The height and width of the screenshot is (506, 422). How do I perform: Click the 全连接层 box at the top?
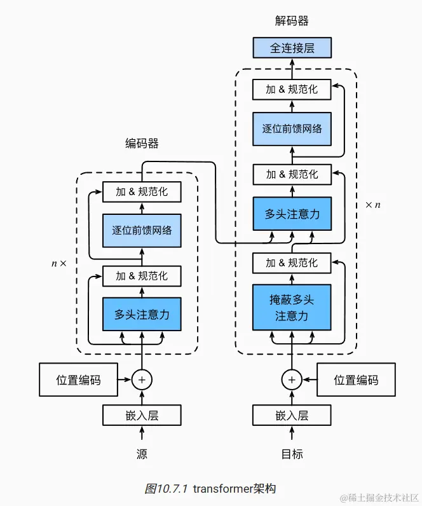coord(292,48)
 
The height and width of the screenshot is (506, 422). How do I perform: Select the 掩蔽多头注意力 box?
coord(292,307)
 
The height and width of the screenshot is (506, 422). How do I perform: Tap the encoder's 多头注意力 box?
coord(142,314)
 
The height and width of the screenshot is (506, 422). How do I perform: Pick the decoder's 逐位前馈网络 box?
coord(292,129)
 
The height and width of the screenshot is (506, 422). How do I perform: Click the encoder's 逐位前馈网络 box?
coord(142,230)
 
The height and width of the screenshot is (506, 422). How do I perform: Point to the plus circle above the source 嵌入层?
coord(142,380)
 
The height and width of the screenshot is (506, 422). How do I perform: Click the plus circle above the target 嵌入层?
coord(292,380)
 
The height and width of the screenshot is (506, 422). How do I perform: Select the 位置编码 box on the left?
coord(78,379)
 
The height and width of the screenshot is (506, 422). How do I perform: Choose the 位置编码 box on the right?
coord(356,379)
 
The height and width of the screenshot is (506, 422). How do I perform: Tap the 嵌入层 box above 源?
coord(142,415)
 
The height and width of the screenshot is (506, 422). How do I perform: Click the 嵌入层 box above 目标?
coord(292,415)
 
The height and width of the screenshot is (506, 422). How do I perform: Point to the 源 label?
coord(142,454)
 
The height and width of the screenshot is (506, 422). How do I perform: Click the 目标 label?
coord(292,454)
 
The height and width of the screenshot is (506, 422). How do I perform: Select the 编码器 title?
coord(142,143)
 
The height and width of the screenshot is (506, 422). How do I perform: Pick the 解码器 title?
coord(292,20)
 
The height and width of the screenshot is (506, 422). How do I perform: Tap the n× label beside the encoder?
coord(58,264)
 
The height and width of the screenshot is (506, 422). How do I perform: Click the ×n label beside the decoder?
coord(373,205)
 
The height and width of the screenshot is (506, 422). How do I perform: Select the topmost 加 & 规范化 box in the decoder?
coord(292,90)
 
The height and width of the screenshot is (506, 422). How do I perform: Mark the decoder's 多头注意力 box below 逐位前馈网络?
coord(292,214)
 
